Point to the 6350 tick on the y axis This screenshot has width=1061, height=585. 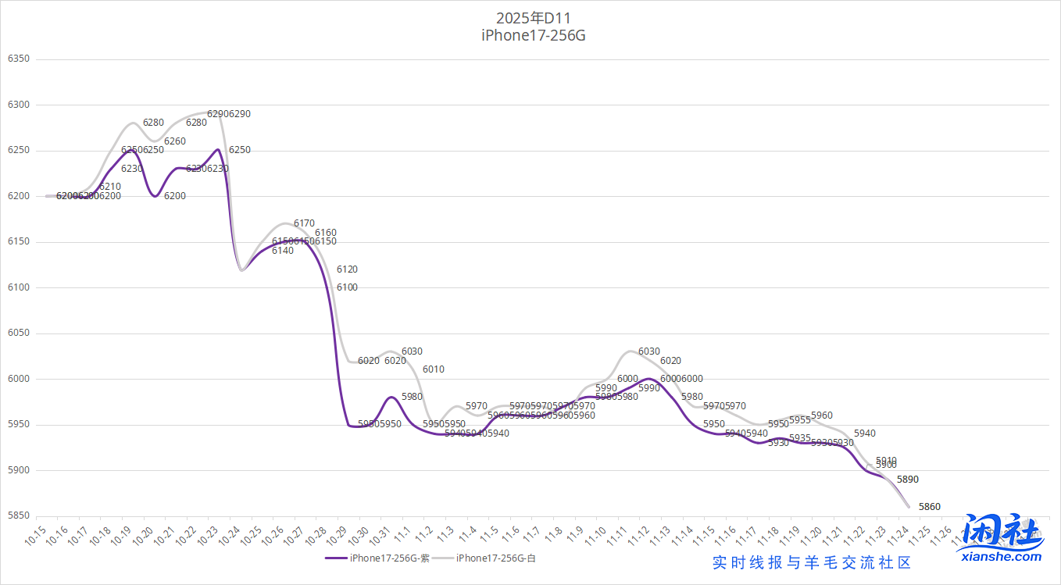tap(18, 59)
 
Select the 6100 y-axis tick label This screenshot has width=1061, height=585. tap(18, 288)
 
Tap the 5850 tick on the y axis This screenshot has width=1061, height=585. tap(18, 516)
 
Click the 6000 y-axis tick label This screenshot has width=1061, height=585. tap(18, 380)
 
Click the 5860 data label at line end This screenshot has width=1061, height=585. tap(929, 507)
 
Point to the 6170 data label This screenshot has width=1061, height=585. tap(304, 223)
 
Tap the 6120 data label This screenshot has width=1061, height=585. tap(347, 269)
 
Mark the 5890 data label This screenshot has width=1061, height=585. tap(907, 479)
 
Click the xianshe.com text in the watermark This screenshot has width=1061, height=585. tap(1003, 556)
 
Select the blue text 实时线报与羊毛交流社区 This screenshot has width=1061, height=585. tap(812, 562)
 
